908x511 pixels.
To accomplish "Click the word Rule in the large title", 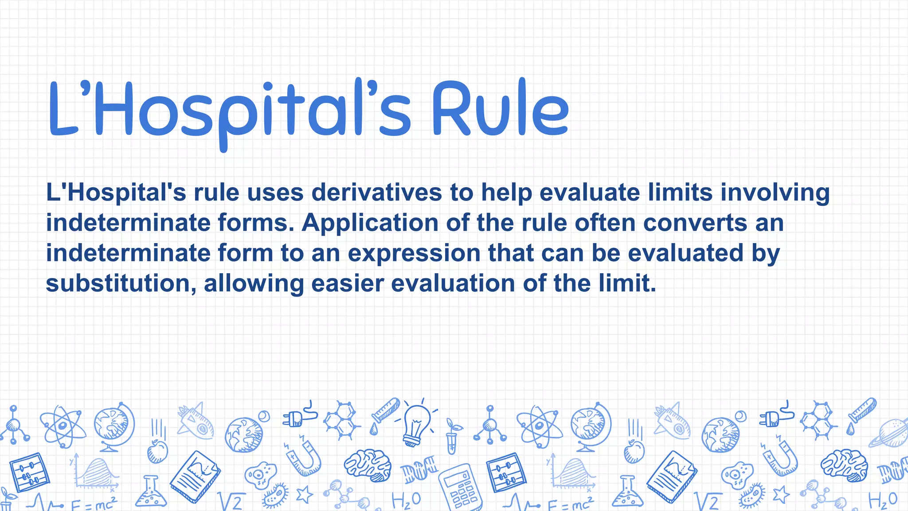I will [500, 109].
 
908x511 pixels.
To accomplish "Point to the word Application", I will [370, 223].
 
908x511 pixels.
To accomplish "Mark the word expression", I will [414, 254].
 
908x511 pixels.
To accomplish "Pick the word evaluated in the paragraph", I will [685, 253].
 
